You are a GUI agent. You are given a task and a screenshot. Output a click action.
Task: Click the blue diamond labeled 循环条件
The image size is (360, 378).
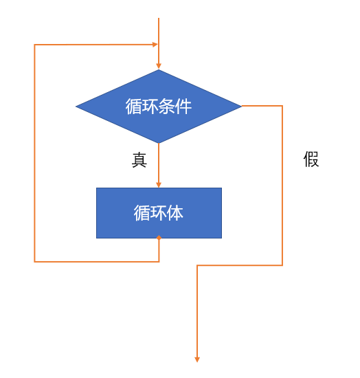click(159, 107)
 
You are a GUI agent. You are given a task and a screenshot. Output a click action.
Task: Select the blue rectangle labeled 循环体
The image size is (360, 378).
click(159, 213)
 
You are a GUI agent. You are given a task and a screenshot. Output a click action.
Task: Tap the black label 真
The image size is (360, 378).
click(139, 160)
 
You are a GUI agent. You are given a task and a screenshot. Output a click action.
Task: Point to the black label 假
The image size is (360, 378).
click(311, 159)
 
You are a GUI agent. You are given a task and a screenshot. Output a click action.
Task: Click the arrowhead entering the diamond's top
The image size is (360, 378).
click(159, 66)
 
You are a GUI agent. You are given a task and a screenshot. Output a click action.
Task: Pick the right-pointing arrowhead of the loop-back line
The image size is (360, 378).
click(155, 45)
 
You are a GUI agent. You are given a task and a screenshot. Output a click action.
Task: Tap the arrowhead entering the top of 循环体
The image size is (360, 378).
click(159, 184)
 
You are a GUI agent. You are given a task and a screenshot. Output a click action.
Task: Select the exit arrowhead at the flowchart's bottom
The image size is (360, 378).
click(197, 359)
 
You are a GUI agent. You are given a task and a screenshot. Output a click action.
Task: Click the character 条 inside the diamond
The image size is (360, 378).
click(167, 107)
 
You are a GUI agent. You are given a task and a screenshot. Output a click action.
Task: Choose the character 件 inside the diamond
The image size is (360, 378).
click(183, 107)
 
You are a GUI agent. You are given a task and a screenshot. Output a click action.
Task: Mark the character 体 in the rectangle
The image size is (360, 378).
click(175, 213)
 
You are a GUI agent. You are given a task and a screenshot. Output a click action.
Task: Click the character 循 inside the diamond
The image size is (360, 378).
click(133, 107)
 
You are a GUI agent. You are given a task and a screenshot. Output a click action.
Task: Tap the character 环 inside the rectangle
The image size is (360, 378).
click(159, 213)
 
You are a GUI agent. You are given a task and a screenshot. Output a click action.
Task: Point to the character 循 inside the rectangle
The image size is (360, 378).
click(142, 213)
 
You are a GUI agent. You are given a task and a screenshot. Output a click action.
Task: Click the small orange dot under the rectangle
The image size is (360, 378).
click(159, 238)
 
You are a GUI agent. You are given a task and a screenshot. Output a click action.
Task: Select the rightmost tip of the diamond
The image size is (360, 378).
click(241, 106)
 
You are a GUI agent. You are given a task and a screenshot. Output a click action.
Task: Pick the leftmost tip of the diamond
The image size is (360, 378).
click(76, 107)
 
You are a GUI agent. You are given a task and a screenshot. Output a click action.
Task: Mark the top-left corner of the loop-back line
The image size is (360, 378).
click(34, 45)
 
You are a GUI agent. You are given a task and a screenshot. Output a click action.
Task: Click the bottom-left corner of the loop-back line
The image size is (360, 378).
click(34, 262)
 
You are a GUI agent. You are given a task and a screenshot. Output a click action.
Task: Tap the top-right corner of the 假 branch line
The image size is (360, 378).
click(282, 106)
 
